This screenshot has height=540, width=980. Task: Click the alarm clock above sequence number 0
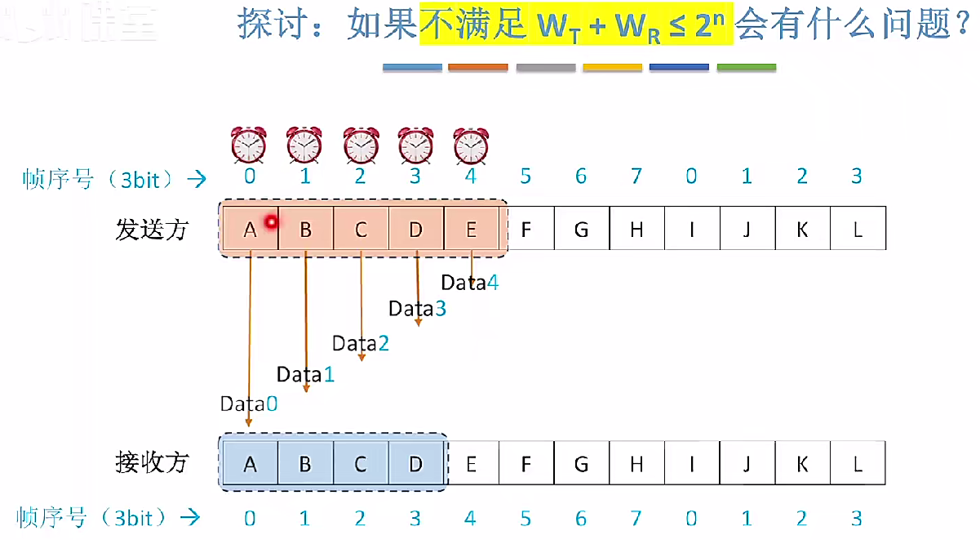point(249,145)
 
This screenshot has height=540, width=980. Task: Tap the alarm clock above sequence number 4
point(471,145)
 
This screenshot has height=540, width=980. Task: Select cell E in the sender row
point(471,230)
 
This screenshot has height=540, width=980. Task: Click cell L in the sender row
point(858,230)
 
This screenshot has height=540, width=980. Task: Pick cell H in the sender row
point(636,230)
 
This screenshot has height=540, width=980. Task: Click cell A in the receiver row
point(250,464)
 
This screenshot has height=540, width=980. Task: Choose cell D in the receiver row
point(416,464)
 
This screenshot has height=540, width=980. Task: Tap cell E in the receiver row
point(471,464)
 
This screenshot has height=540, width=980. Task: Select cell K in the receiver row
point(802,464)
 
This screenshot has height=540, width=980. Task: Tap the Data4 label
point(469,283)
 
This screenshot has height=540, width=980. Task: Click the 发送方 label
point(152,230)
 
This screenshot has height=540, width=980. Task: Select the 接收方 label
point(152,463)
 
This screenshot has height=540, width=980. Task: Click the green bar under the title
point(747,68)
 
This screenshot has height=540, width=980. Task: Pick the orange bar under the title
point(478,68)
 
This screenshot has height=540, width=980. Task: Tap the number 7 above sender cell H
point(636,176)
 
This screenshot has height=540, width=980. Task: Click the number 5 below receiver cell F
point(526,519)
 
